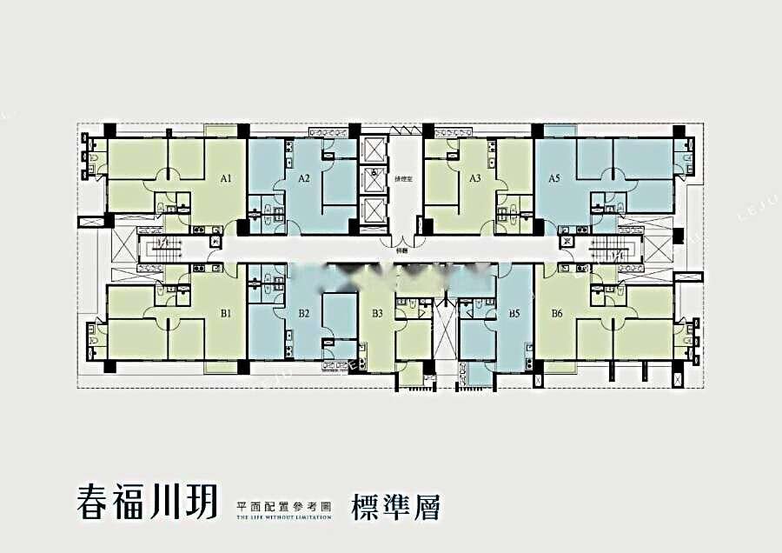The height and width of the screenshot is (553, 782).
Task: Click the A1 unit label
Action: pos(226,179)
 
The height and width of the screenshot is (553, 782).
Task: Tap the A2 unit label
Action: pos(304,179)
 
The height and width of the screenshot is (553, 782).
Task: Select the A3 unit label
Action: pos(474,179)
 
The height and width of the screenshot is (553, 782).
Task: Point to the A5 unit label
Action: pos(554,179)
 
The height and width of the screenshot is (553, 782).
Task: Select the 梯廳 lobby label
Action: pos(401,249)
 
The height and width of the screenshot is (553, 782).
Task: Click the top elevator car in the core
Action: pos(374,150)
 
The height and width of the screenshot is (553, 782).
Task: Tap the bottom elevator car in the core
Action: pos(374,210)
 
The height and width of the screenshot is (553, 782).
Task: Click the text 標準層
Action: pos(395,506)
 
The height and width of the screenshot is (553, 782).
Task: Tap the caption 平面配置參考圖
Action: pos(283,504)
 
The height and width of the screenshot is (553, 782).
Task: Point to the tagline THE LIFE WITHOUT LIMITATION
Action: pos(283,516)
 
